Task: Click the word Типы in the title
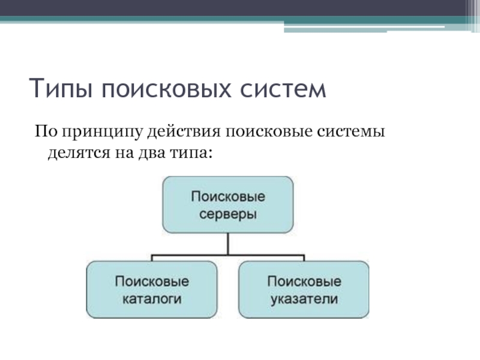[x=61, y=88]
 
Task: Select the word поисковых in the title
[x=166, y=89]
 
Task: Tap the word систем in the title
[x=283, y=89]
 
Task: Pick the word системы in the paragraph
[x=351, y=131]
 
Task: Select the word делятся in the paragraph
[x=79, y=153]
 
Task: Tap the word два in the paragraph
[x=151, y=153]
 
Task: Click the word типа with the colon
[x=191, y=153]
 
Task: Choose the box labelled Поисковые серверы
[x=228, y=205]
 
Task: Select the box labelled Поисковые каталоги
[x=152, y=290]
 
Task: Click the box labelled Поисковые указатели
[x=304, y=290]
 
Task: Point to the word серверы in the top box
[x=228, y=215]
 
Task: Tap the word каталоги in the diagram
[x=152, y=299]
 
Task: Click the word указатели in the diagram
[x=304, y=299]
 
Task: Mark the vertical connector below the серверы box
[x=228, y=244]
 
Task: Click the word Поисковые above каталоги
[x=152, y=281]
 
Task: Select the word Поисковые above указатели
[x=304, y=281]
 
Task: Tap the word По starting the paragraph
[x=46, y=131]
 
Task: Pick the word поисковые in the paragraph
[x=269, y=131]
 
